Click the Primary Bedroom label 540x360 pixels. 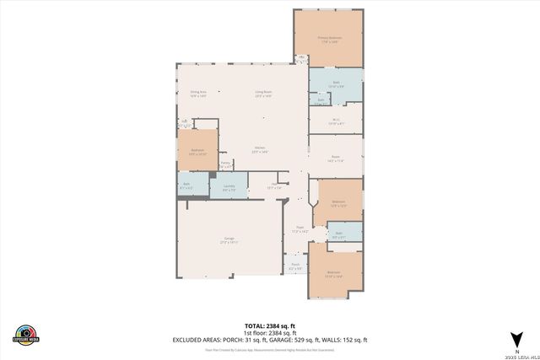pos(328,38)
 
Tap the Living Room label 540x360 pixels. pos(264,94)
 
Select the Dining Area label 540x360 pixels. pos(198,94)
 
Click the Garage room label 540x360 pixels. pos(229,240)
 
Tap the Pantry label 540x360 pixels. pos(225,165)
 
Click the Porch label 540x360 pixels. pos(295,266)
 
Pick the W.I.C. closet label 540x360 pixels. pos(335,121)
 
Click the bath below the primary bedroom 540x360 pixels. pos(335,84)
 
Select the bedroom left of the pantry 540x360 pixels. pos(196,153)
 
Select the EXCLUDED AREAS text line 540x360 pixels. pos(270,339)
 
